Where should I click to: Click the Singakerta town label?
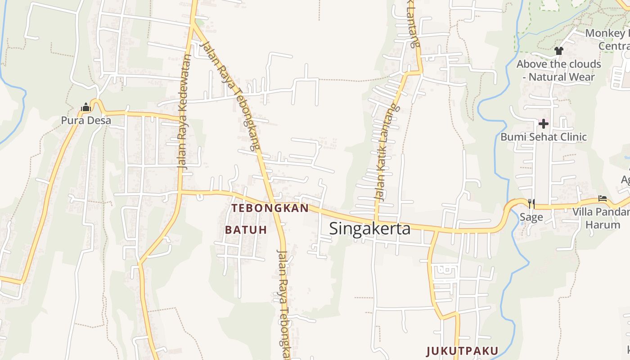(x=370, y=229)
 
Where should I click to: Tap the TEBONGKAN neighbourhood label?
(x=270, y=208)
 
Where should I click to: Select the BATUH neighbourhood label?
(x=246, y=230)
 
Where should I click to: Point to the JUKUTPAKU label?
(x=462, y=351)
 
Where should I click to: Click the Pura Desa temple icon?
(x=85, y=107)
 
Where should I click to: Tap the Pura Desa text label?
(x=86, y=121)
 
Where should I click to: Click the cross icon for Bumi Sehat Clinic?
(x=544, y=123)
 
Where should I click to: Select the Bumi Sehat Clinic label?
(x=544, y=137)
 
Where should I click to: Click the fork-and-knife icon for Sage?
(x=531, y=204)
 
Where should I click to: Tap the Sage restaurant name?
(x=531, y=217)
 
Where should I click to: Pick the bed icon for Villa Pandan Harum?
(x=603, y=198)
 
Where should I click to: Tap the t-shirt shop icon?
(x=559, y=51)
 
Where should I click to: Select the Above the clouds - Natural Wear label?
(x=558, y=70)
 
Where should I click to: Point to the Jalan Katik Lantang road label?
(x=386, y=153)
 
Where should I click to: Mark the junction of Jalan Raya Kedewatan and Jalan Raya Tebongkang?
(x=193, y=23)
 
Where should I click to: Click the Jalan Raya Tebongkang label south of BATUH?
(x=282, y=304)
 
